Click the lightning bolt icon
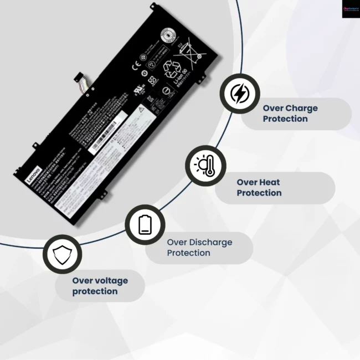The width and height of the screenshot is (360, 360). [239, 94]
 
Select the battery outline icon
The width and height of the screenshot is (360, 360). [145, 224]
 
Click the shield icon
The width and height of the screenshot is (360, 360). [61, 255]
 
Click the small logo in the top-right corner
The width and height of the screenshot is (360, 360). [350, 9]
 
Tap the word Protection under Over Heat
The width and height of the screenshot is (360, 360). [259, 193]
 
